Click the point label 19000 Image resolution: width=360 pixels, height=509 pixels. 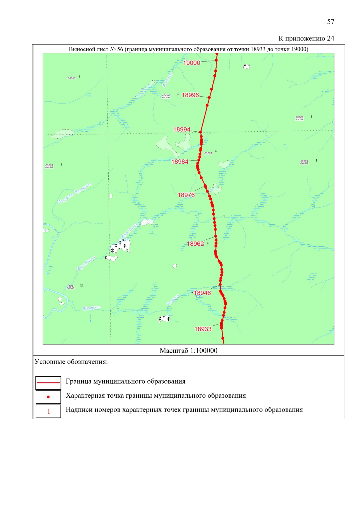pos(191,63)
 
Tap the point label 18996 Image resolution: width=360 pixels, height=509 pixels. pos(190,95)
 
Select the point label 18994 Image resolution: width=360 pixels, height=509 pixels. pos(181,130)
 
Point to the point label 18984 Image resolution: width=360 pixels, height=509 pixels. pos(180,162)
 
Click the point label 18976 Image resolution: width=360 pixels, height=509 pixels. pos(186,195)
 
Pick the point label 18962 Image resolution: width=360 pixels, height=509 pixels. pos(195,244)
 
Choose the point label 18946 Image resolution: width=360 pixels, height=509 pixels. pos(202,293)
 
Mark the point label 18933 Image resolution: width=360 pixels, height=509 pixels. pos(203,329)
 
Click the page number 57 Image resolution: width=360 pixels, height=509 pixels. pos(331,22)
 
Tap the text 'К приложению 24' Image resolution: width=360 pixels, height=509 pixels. pos(306,38)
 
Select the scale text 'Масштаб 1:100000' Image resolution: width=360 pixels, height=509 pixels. pos(188,351)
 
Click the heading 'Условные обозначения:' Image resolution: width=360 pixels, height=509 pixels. pos(71,362)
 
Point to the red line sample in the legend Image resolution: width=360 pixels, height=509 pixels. pos(48,383)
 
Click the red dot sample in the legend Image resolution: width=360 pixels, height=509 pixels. pos(48,397)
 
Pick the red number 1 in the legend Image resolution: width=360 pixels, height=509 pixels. pos(49,412)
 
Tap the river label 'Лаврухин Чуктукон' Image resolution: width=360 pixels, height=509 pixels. pos(75,193)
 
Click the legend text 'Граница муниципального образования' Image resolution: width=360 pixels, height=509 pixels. pos(125,382)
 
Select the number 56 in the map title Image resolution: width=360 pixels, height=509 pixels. pos(120,49)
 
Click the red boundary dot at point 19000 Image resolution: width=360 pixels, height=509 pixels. pos(216,60)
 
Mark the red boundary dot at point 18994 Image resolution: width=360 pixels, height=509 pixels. pos(200,132)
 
